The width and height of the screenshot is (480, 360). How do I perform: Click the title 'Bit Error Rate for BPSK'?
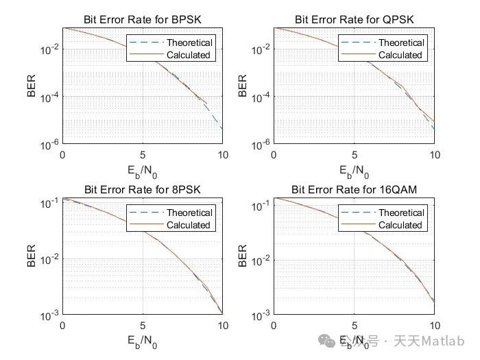(142, 19)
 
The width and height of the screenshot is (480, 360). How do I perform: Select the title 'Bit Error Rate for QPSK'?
(353, 19)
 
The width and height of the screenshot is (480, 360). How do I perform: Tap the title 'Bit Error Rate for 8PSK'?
(142, 189)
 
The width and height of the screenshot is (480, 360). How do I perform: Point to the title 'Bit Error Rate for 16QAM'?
(353, 189)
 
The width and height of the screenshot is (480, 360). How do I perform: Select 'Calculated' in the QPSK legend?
(400, 55)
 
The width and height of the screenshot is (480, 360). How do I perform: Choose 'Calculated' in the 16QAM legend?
(400, 225)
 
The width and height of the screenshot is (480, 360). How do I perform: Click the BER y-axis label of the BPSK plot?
(31, 86)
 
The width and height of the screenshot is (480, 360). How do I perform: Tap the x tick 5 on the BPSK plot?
(142, 155)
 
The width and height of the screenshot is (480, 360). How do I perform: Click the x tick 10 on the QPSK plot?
(433, 155)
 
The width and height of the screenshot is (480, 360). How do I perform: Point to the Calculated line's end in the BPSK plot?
(206, 103)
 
